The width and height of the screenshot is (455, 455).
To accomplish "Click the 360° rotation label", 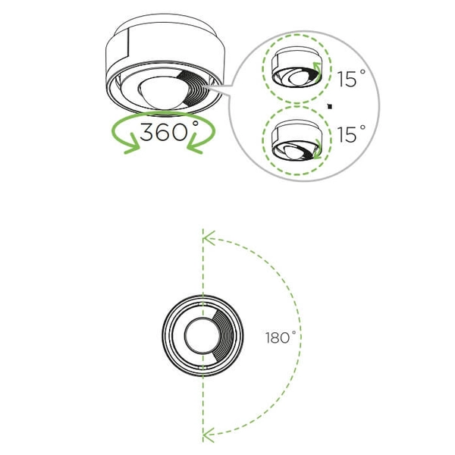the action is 169,131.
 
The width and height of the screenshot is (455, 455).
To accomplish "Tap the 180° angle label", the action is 281,337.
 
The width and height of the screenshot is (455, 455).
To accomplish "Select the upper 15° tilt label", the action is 351,78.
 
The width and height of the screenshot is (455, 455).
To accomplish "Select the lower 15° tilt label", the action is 351,133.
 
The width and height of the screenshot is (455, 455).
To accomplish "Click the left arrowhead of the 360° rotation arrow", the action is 132,144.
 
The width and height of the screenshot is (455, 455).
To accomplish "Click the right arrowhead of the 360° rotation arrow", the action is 194,144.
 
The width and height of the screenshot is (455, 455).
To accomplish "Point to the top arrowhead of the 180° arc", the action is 209,238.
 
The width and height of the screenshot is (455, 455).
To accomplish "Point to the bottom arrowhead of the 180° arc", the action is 209,435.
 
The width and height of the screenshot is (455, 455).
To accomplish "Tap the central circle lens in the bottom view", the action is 202,336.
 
